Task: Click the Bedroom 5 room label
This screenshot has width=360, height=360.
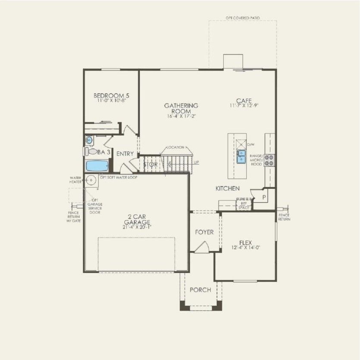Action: [111, 95]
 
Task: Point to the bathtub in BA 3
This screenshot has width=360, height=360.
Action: [97, 166]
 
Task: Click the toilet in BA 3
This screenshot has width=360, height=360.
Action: [91, 151]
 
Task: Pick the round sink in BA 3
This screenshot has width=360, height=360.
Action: [89, 140]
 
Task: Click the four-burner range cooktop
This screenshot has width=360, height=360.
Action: [270, 160]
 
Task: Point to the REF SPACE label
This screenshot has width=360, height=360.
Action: [244, 206]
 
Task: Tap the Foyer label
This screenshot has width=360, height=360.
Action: [204, 232]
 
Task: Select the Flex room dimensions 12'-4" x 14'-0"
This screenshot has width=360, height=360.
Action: [244, 247]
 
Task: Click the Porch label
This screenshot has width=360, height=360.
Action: [200, 290]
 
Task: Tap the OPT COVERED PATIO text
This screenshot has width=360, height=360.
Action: [243, 18]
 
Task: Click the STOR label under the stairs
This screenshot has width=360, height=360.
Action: [150, 164]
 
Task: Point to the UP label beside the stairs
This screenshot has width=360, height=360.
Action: [197, 163]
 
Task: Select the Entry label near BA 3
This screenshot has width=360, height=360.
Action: [125, 154]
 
